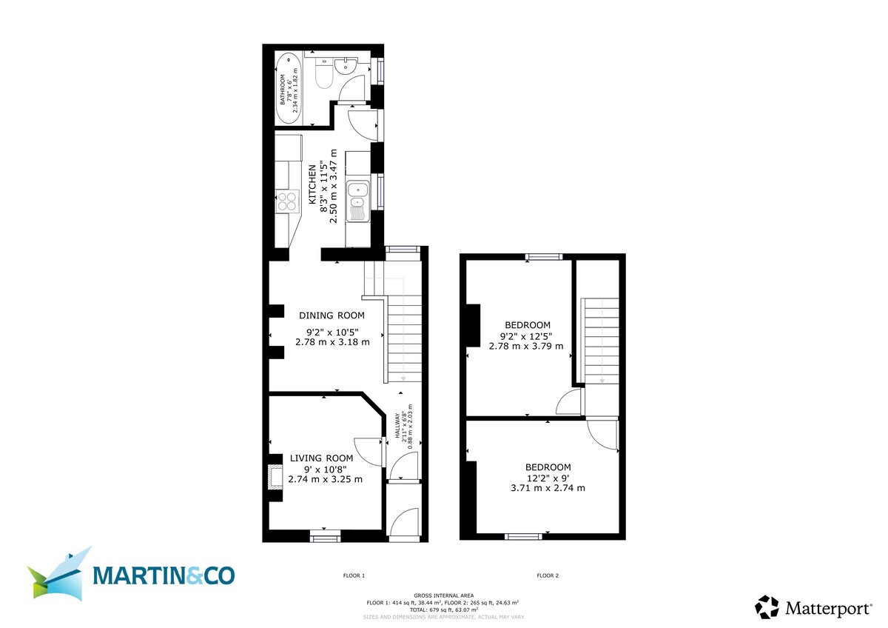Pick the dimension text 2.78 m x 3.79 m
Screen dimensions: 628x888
coord(526,346)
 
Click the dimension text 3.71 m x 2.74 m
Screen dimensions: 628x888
coord(548,488)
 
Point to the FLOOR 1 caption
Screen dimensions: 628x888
coord(354,575)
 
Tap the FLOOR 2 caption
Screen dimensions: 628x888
coord(548,575)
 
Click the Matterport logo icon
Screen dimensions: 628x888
coord(767,607)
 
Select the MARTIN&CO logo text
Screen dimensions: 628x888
coord(164,575)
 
